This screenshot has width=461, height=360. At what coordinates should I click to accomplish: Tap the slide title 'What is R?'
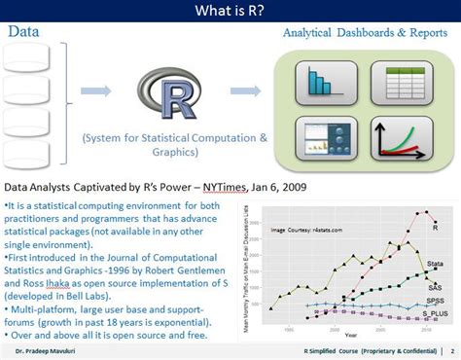[230, 12]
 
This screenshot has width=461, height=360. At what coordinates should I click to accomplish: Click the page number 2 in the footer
[452, 350]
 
